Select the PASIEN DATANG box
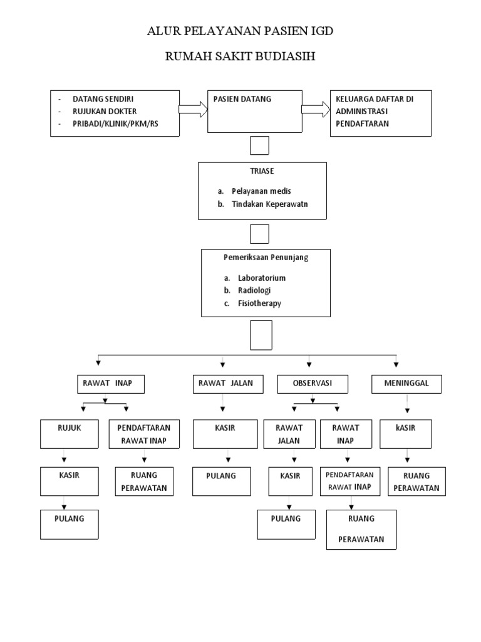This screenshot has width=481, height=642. [255, 112]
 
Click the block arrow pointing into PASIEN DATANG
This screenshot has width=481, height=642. [193, 110]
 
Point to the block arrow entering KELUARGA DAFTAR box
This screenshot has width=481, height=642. [316, 110]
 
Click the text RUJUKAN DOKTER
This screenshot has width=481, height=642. [105, 112]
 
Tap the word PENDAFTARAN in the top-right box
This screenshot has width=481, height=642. [362, 124]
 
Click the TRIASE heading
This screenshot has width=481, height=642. [262, 171]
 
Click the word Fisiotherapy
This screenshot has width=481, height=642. [259, 303]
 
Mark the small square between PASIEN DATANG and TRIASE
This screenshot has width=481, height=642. [259, 145]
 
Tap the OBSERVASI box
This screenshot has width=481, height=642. [312, 384]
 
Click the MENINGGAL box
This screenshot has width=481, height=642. [406, 384]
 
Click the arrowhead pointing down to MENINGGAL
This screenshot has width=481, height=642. [396, 365]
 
